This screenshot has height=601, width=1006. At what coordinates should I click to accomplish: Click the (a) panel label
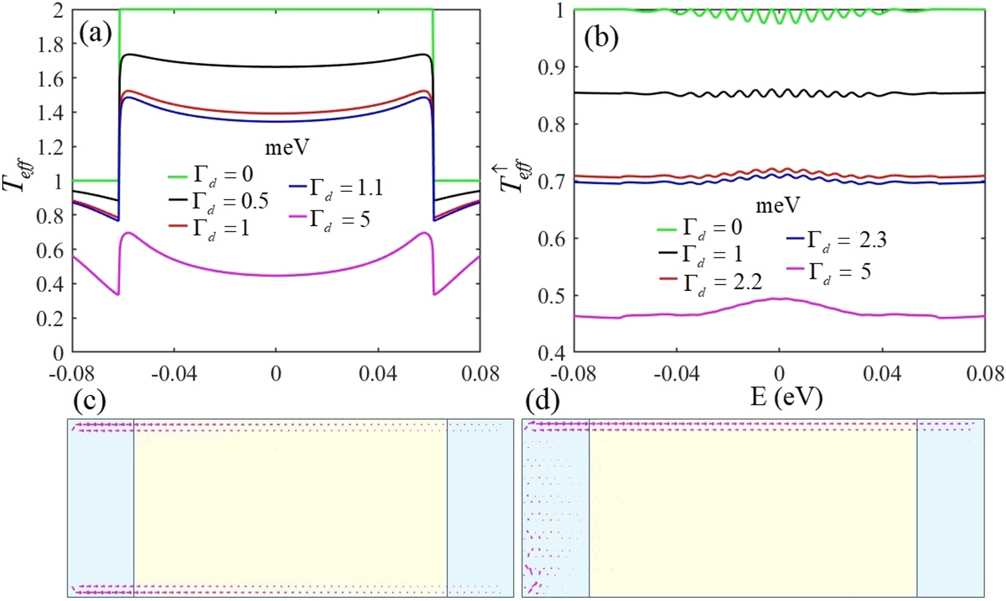point(95,34)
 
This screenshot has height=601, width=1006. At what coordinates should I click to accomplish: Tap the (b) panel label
point(601,37)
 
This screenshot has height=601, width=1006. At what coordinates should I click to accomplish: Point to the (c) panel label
point(89,401)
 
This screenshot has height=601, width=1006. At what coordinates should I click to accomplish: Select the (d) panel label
point(542,401)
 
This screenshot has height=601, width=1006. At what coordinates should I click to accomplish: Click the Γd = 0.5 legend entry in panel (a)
point(219,201)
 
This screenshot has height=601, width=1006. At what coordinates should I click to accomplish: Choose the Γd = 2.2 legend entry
point(711,281)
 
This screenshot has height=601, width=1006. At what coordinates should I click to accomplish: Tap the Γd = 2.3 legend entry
point(836,240)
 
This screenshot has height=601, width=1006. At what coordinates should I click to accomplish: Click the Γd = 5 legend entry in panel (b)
point(829,272)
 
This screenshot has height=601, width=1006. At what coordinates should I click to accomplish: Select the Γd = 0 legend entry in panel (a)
point(211,175)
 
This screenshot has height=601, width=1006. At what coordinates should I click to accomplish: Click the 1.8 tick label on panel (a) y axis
point(50,45)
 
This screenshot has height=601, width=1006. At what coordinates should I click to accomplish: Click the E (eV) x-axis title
point(786,396)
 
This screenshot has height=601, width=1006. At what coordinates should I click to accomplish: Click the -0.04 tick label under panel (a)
point(173,374)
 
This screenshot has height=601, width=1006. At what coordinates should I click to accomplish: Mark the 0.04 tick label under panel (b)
point(881,374)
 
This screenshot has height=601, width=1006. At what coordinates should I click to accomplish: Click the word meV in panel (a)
point(287,147)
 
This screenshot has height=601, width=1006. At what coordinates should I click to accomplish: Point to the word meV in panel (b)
point(778,205)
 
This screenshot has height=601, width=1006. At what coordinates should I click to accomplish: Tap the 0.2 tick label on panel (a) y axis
point(50,319)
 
